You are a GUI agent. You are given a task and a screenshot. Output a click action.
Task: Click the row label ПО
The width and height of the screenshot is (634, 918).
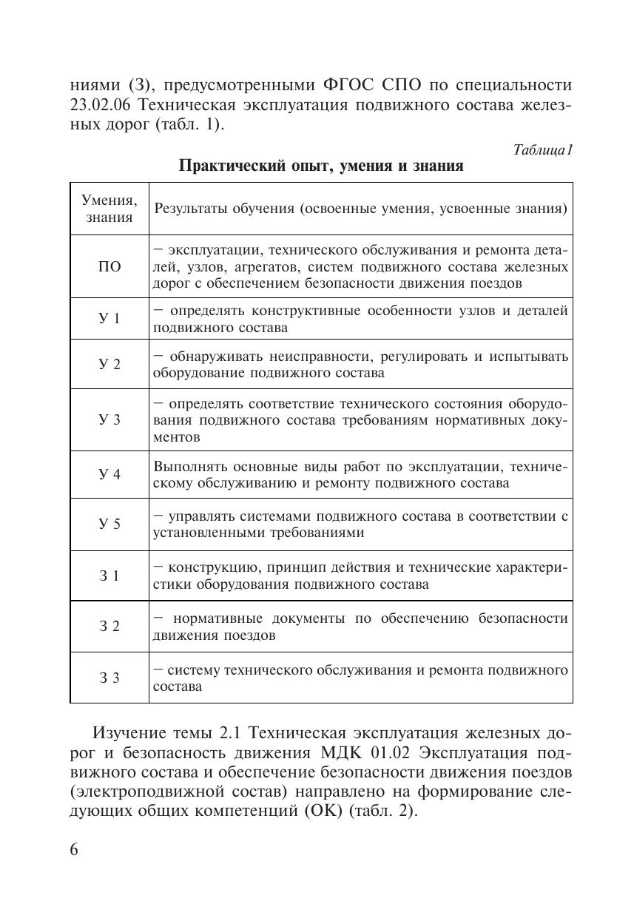[109, 267]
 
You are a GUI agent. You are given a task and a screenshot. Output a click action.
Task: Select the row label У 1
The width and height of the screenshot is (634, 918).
[109, 319]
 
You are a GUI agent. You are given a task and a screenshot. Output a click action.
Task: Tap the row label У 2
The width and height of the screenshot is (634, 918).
[109, 365]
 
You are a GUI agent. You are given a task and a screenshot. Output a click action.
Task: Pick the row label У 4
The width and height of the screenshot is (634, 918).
[109, 475]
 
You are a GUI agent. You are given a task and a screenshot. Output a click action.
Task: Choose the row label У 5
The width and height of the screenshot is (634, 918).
[109, 524]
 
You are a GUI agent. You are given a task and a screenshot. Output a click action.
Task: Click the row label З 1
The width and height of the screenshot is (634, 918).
[109, 576]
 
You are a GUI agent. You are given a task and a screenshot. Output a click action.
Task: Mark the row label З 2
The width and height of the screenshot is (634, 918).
[109, 627]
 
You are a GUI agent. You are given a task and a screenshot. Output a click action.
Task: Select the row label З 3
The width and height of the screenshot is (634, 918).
[109, 678]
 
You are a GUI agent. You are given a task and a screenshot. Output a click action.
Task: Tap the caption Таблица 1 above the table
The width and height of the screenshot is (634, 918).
[543, 149]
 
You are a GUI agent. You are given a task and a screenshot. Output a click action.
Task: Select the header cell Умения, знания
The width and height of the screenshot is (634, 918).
[109, 209]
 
